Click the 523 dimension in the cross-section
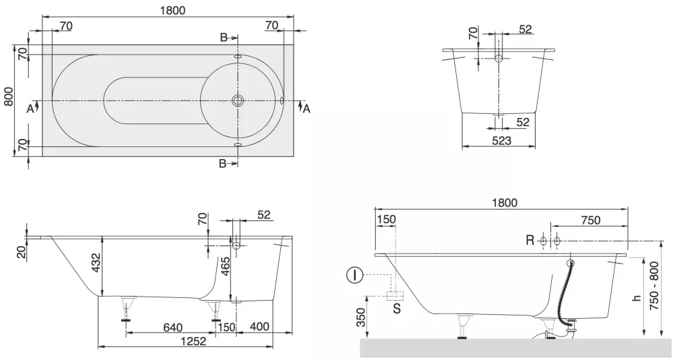coord(501,140)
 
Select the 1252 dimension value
coord(193,341)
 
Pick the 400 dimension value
coord(259,326)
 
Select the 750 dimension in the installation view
coord(590,220)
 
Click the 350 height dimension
coord(362,317)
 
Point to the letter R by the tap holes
coord(530,240)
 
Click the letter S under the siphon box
coord(397,308)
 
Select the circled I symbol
coord(354,275)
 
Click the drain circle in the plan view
coord(237,100)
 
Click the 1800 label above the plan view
coord(172,10)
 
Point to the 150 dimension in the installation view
coord(386,219)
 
